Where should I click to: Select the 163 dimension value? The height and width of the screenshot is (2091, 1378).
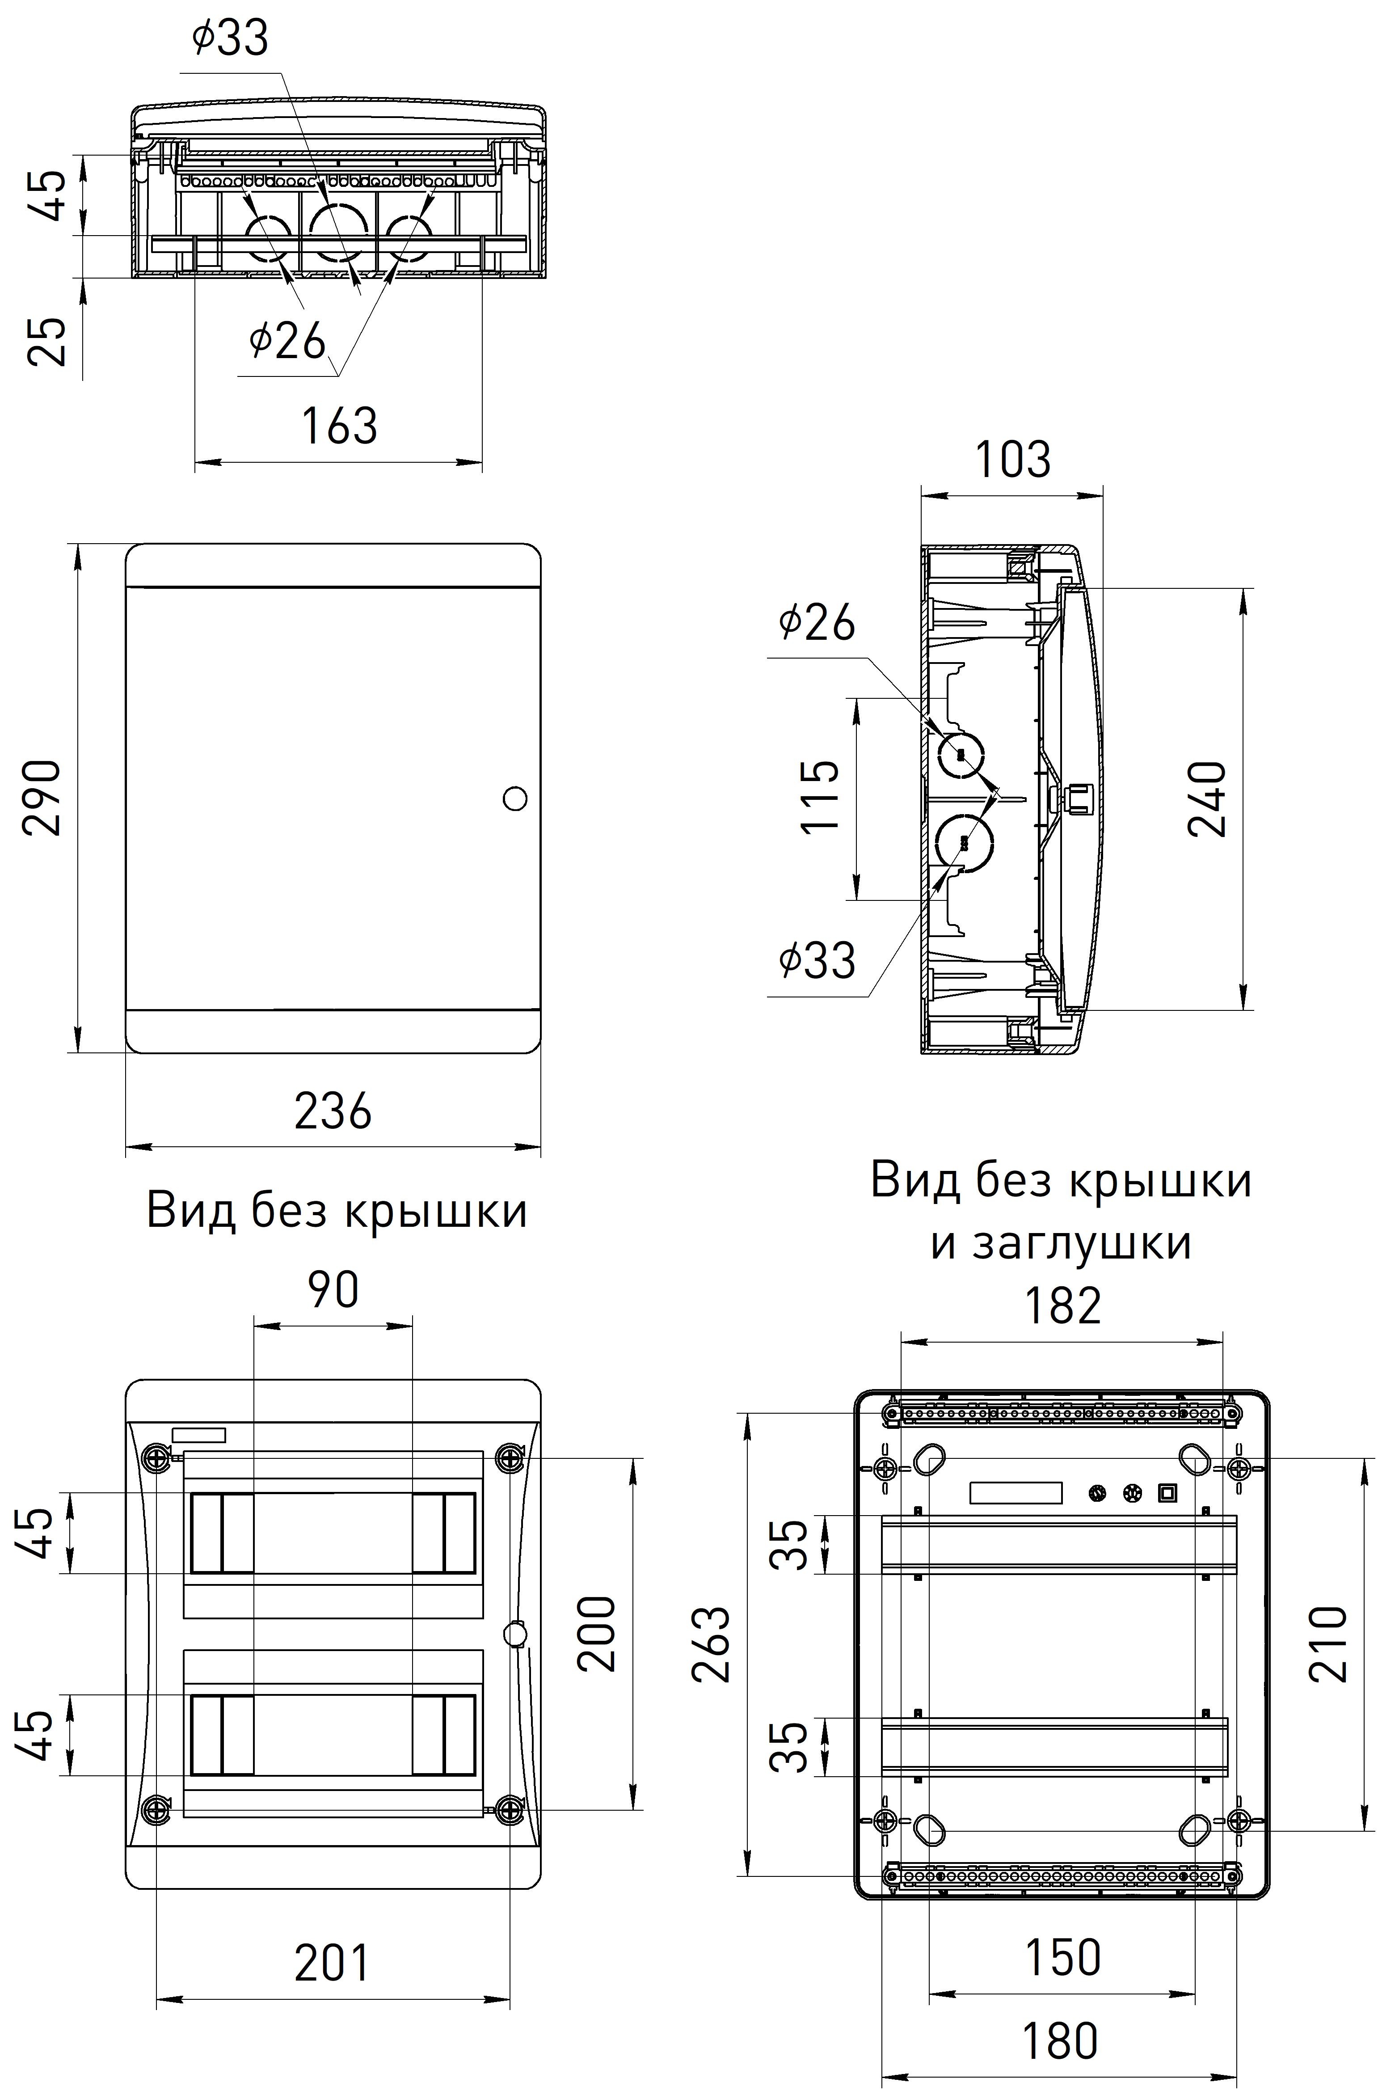click(339, 426)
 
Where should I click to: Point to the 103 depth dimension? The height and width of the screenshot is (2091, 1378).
click(1012, 460)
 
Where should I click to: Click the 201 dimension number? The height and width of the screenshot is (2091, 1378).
click(332, 1963)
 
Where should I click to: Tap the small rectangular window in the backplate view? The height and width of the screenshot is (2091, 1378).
click(1015, 1492)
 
